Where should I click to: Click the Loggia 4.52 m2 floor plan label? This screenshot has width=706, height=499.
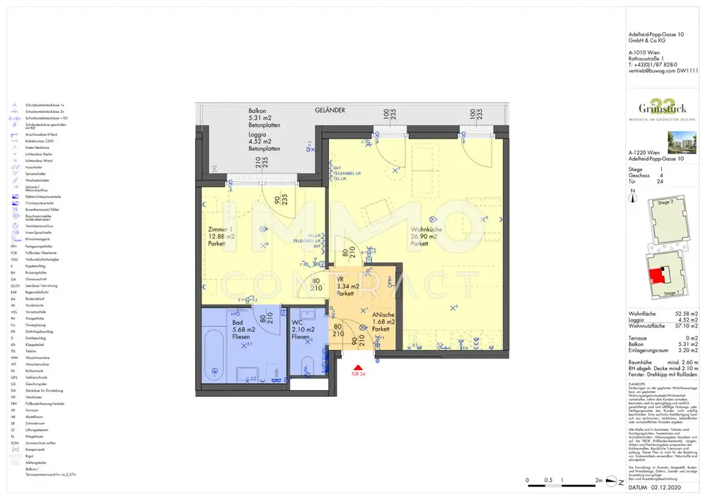[264, 141]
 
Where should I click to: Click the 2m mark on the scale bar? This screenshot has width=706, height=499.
[598, 480]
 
